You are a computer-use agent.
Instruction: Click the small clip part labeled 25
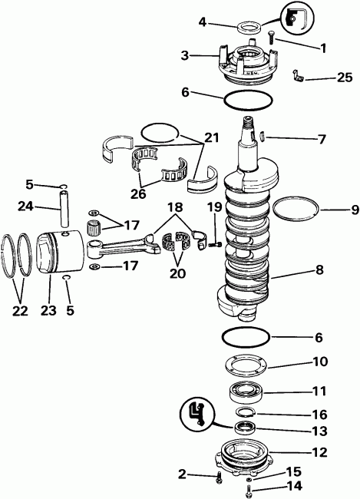[x=298, y=75]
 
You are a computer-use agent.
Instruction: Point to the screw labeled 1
[x=273, y=35]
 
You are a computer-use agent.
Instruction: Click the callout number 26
[x=138, y=194]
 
